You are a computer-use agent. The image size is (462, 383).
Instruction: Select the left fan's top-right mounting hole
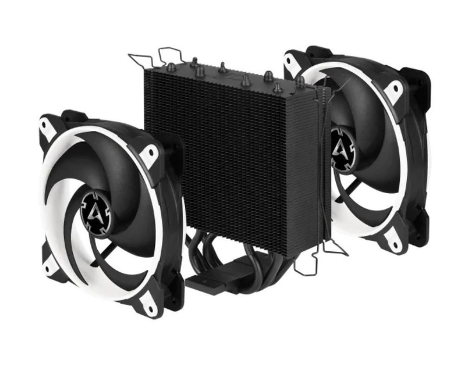coord(152,153)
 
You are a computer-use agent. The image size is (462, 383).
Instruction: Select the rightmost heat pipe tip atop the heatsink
coord(299,81)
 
